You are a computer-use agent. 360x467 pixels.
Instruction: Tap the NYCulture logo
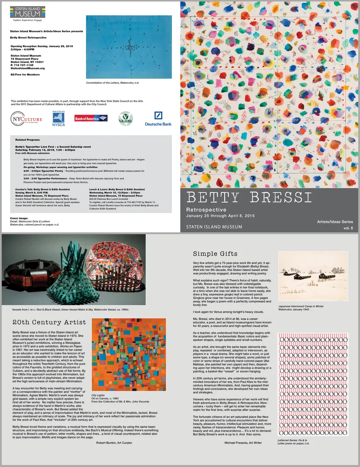[x=26, y=119]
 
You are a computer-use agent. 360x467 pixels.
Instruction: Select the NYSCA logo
[x=58, y=119]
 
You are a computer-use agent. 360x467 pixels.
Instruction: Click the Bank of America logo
[x=91, y=118]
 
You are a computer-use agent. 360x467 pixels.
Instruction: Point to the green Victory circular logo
[x=125, y=119]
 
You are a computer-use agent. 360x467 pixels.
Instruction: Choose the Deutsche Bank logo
[x=158, y=119]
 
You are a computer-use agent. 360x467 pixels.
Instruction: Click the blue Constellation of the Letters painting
[x=129, y=47]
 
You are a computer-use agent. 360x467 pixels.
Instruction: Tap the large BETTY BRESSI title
[x=248, y=197]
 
